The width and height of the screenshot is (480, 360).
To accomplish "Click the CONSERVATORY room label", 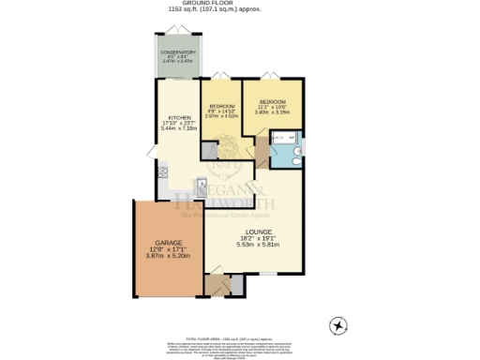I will pos(177,52).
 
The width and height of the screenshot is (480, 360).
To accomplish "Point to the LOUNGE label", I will pos(259,232).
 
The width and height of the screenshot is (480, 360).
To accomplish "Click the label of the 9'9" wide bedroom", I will pos(222,106).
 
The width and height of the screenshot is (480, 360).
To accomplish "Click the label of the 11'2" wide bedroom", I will pos(273,100).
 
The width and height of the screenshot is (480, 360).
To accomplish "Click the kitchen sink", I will pos(199,185).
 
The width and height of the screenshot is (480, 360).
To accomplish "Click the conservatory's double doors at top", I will pos(177,34).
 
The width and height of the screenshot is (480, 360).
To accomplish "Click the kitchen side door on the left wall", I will pos(152,153).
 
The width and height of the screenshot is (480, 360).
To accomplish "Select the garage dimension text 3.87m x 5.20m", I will pos(168,256).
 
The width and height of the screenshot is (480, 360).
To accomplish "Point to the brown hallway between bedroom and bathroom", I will pos(262,149).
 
